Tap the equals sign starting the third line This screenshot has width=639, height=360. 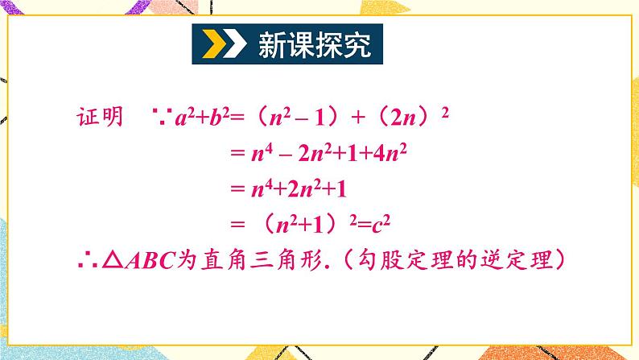click(x=235, y=191)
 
